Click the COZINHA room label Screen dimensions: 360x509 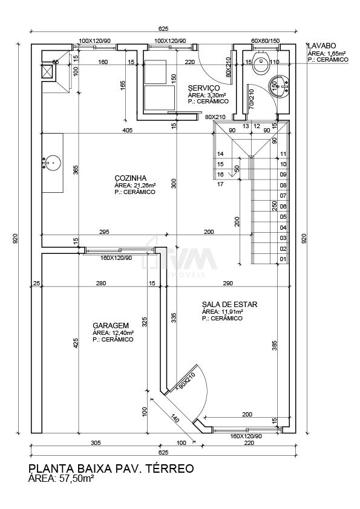click(x=130, y=178)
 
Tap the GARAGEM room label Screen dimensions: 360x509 click(x=111, y=326)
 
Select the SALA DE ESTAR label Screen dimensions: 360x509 click(x=230, y=305)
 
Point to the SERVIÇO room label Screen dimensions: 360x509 click(x=204, y=88)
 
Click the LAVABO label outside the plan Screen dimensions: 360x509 click(x=322, y=46)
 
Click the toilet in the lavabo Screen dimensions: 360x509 click(x=261, y=61)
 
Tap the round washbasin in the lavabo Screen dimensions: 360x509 click(x=278, y=86)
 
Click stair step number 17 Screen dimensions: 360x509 click(x=220, y=184)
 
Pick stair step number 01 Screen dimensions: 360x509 click(x=283, y=259)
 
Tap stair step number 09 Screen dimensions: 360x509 click(x=283, y=175)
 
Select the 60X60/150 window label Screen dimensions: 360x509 click(x=266, y=41)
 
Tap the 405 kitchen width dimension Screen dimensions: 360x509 click(x=128, y=131)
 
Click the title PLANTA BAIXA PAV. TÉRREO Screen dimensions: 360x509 click(x=111, y=468)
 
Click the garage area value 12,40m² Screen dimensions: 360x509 click(x=123, y=332)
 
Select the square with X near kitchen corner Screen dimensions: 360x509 click(x=48, y=72)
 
